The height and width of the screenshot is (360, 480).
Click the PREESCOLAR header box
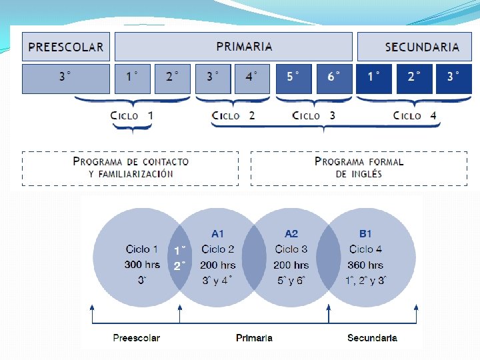pyautogui.click(x=66, y=47)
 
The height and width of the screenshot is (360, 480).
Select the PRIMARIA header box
pyautogui.click(x=233, y=47)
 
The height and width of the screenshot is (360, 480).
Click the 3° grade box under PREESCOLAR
pyautogui.click(x=66, y=78)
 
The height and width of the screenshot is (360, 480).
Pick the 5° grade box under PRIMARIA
pyautogui.click(x=293, y=78)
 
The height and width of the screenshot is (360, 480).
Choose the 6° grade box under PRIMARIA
pyautogui.click(x=333, y=78)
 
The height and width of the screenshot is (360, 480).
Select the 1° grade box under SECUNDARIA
pyautogui.click(x=373, y=78)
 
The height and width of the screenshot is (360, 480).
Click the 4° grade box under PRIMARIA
pyautogui.click(x=251, y=78)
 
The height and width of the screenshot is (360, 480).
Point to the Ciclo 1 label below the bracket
pyautogui.click(x=132, y=116)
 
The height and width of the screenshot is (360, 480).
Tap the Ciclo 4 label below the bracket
pyautogui.click(x=415, y=116)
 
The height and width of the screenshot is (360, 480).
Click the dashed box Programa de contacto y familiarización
pyautogui.click(x=131, y=168)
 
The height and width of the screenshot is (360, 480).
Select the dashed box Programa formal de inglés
pyautogui.click(x=359, y=168)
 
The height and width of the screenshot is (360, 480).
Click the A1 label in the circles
pyautogui.click(x=217, y=234)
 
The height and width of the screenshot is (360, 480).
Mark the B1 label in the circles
pyautogui.click(x=365, y=234)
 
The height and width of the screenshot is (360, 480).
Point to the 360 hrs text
pyautogui.click(x=365, y=265)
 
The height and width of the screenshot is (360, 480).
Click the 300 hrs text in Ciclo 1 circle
pyautogui.click(x=142, y=265)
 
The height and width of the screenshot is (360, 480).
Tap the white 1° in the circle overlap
pyautogui.click(x=179, y=251)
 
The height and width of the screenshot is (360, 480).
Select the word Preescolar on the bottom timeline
pyautogui.click(x=136, y=338)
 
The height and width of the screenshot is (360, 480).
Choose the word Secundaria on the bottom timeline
pyautogui.click(x=372, y=338)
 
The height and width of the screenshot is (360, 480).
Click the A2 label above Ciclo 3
pyautogui.click(x=291, y=234)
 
